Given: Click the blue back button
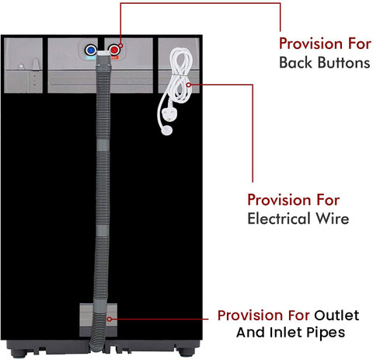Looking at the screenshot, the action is pos(91,50).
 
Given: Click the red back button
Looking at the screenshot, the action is pos(113,50).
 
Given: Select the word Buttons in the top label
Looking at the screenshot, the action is pos(343,63).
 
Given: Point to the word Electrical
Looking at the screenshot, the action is pos(279,218).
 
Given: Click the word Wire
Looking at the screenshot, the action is pos(333,218).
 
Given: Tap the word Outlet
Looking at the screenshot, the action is pos(336,315).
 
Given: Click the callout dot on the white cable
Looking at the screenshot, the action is pos(189,85).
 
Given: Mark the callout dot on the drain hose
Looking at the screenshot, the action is pos(110,319).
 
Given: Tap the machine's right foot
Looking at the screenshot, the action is pos(186,352).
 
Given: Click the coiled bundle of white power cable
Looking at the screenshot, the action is pos(180,75).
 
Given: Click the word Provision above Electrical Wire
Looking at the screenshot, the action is pos(277,200).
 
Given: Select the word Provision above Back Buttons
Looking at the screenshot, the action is pos(309,44).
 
